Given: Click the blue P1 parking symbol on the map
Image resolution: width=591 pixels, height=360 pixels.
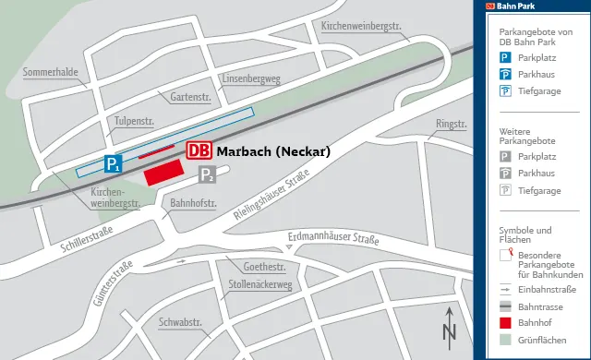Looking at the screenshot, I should [x=113, y=165].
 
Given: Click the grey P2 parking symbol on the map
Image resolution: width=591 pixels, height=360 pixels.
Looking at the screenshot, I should [x=207, y=175].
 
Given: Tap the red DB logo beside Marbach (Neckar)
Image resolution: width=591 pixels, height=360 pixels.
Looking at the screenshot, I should [x=199, y=150].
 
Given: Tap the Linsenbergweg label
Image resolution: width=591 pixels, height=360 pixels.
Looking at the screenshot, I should [x=250, y=79].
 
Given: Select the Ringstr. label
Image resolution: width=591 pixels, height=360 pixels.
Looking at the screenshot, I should [x=452, y=123].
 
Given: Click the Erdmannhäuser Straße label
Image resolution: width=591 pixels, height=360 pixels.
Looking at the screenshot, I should [x=333, y=241].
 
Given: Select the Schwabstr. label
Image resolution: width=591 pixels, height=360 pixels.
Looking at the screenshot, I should [x=180, y=323].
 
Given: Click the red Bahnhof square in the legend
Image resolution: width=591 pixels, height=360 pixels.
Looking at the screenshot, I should [x=505, y=323].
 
